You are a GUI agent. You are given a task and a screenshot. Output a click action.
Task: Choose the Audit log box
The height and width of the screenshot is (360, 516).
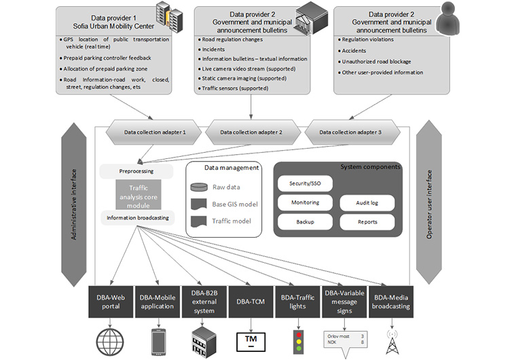tap(367, 202)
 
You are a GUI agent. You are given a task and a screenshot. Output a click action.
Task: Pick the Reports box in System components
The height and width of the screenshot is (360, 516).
tap(367, 221)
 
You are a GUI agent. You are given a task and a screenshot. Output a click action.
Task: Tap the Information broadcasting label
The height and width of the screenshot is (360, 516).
tap(138, 218)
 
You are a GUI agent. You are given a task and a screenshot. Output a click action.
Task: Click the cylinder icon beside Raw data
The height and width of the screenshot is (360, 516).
tap(199, 187)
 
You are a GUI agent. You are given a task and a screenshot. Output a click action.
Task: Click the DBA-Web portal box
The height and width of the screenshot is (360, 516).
tap(109, 302)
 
